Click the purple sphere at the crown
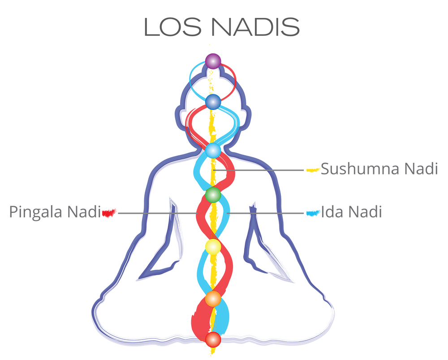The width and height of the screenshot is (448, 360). (x=213, y=61)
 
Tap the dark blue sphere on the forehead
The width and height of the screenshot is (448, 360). (x=213, y=102)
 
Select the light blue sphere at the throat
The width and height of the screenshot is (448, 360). (x=213, y=151)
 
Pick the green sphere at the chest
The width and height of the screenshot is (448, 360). (x=213, y=195)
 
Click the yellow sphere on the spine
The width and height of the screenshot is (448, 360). (x=213, y=247)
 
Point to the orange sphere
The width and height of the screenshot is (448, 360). (x=213, y=299)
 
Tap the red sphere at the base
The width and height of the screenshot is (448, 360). (x=213, y=339)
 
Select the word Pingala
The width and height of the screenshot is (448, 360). (x=36, y=212)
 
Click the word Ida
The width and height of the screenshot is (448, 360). (x=332, y=212)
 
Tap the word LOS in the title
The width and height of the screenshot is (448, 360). (x=173, y=27)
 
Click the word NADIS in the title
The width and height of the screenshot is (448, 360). (x=255, y=27)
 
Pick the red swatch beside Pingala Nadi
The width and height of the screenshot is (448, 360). (x=109, y=213)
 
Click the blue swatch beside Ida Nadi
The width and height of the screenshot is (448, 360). (x=313, y=213)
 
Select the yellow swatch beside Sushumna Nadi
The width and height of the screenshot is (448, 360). (x=313, y=170)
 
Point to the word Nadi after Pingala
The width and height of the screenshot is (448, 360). (x=84, y=212)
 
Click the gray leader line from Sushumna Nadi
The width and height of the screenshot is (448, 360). (x=258, y=170)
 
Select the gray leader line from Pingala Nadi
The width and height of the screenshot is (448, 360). (x=158, y=213)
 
